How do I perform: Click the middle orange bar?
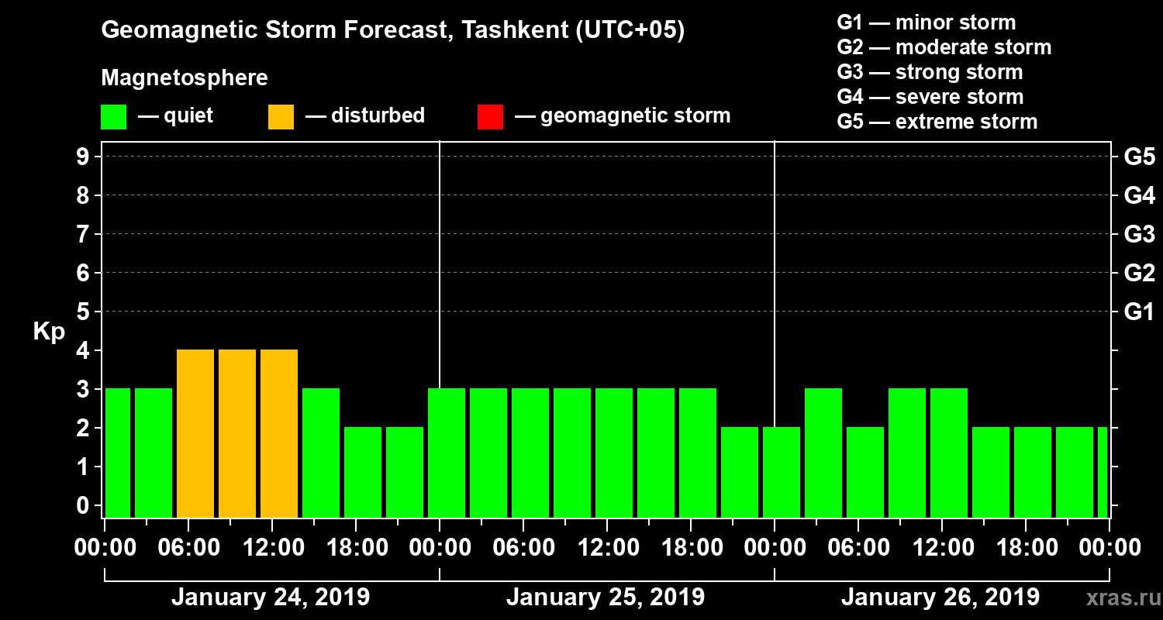[x=237, y=433]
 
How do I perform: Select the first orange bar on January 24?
[x=195, y=433]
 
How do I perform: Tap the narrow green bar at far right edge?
[x=1103, y=472]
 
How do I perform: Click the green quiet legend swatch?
[x=113, y=117]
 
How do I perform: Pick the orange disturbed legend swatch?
[x=281, y=117]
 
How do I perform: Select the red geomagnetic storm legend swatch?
[x=490, y=117]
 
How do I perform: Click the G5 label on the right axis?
[x=1139, y=157]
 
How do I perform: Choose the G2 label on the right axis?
[x=1139, y=273]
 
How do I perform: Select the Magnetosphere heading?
[x=185, y=78]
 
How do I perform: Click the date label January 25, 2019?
[x=606, y=598]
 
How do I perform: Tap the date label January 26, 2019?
[x=940, y=598]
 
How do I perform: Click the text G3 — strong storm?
[x=930, y=72]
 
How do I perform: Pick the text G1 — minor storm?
[x=926, y=22]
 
